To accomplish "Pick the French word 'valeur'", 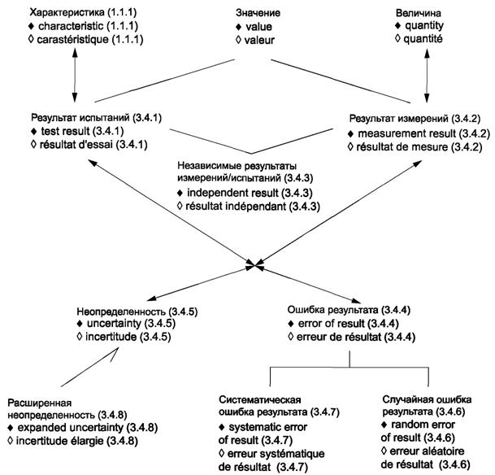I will point(253,39).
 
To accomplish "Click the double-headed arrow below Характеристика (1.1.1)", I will point(74,78).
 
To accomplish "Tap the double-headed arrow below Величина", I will point(428,78).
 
